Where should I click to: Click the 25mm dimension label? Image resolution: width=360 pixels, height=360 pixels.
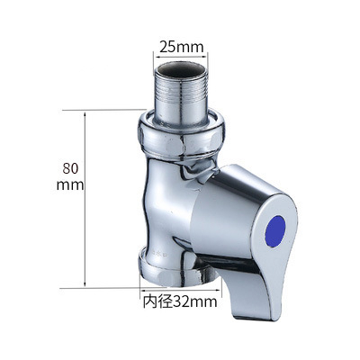pyautogui.click(x=181, y=47)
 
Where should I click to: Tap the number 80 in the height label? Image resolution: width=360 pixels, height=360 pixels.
pyautogui.click(x=70, y=168)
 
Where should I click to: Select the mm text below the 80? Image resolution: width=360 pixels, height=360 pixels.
pyautogui.click(x=70, y=185)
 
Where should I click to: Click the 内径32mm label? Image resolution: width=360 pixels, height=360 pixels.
pyautogui.click(x=180, y=301)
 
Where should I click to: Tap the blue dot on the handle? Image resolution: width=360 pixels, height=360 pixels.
pyautogui.click(x=275, y=231)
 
